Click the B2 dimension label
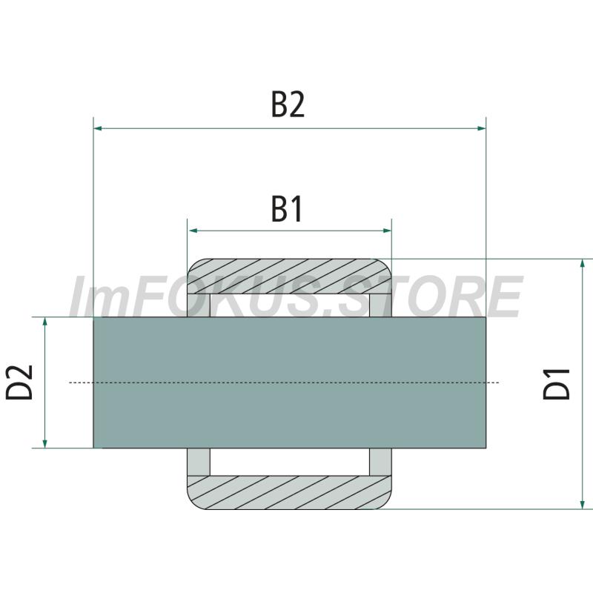click(288, 105)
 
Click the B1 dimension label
click(287, 209)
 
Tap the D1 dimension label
click(557, 384)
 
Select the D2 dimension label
click(20, 382)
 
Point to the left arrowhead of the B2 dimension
click(98, 128)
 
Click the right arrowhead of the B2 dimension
click(481, 128)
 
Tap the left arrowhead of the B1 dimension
click(193, 231)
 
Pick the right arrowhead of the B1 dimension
click(387, 231)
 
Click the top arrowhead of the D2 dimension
click(45, 322)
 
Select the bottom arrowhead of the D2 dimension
click(45, 443)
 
